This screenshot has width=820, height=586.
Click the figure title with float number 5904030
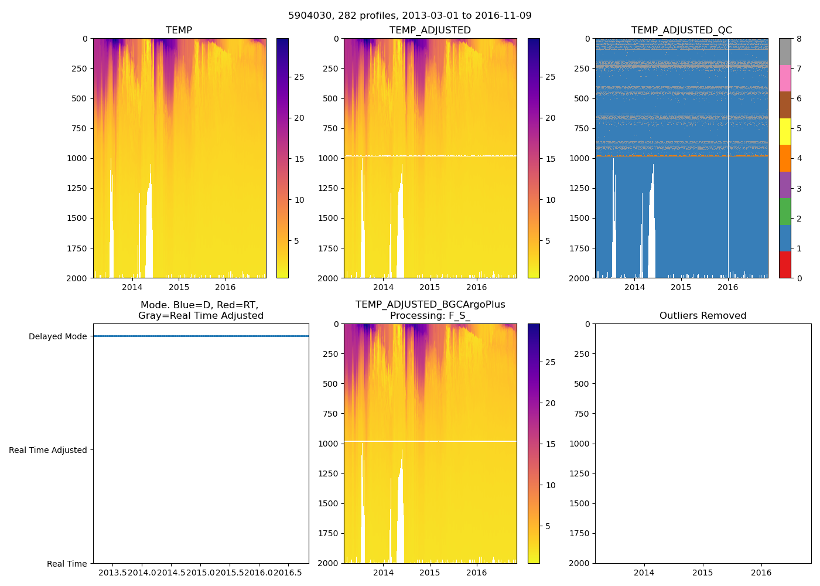pyautogui.click(x=410, y=16)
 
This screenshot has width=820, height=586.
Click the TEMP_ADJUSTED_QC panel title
pyautogui.click(x=681, y=30)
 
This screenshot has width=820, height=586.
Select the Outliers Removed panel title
pyautogui.click(x=703, y=316)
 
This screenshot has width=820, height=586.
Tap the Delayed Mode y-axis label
pyautogui.click(x=57, y=336)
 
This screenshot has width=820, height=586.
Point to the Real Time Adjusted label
pyautogui.click(x=47, y=450)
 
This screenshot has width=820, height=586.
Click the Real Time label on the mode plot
pyautogui.click(x=67, y=564)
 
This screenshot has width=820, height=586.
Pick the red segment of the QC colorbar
pyautogui.click(x=785, y=264)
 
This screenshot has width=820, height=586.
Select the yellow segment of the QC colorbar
pyautogui.click(x=785, y=132)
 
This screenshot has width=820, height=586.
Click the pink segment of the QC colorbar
pyautogui.click(x=785, y=79)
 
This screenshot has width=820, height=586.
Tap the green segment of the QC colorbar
pyautogui.click(x=785, y=212)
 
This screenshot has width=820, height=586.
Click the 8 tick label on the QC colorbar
pyautogui.click(x=799, y=39)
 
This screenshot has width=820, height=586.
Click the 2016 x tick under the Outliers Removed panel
pyautogui.click(x=761, y=573)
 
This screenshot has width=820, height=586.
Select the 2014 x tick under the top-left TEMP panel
pyautogui.click(x=132, y=287)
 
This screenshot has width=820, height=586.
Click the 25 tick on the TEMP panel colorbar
pyautogui.click(x=299, y=77)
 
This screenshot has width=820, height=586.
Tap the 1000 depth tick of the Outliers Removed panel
pyautogui.click(x=580, y=444)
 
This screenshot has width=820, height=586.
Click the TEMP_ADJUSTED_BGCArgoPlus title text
pyautogui.click(x=430, y=305)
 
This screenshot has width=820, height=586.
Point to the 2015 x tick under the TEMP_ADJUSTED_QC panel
pyautogui.click(x=681, y=287)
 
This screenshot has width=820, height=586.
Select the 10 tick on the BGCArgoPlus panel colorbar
pyautogui.click(x=551, y=485)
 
